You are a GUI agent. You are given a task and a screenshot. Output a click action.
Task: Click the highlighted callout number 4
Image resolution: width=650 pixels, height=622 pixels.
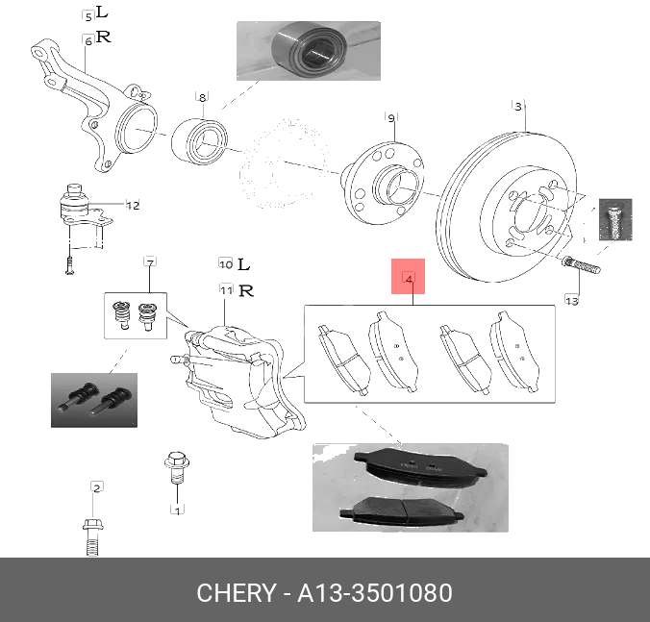[409, 280]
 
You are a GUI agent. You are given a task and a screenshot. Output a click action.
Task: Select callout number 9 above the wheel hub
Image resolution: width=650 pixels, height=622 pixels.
[391, 117]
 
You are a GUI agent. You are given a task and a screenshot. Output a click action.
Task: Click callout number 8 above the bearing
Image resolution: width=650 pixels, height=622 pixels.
[202, 97]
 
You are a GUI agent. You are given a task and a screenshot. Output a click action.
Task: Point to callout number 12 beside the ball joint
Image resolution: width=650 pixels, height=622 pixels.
[133, 205]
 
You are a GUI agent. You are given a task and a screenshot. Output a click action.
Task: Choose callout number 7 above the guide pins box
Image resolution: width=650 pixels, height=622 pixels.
[150, 262]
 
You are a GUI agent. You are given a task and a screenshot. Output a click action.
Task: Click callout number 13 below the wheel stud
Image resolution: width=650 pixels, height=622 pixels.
[571, 301]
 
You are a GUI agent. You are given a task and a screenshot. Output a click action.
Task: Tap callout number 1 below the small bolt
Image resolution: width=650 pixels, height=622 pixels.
[177, 509]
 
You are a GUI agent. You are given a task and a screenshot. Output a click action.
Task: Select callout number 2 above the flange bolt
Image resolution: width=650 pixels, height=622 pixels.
[96, 488]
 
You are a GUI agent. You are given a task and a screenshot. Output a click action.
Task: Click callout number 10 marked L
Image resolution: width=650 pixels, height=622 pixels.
[225, 263]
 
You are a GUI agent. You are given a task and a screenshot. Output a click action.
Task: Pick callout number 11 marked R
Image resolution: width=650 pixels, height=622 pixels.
[225, 289]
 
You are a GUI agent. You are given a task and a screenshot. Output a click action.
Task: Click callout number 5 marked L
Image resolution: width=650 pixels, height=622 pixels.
[87, 16]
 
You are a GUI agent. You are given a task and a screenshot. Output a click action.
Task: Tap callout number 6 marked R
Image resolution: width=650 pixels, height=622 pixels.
[87, 39]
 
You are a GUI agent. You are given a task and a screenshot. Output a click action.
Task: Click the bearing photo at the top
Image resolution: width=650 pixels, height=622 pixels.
[307, 50]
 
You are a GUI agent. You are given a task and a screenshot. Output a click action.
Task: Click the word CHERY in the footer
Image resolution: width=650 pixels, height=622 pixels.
[236, 592]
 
